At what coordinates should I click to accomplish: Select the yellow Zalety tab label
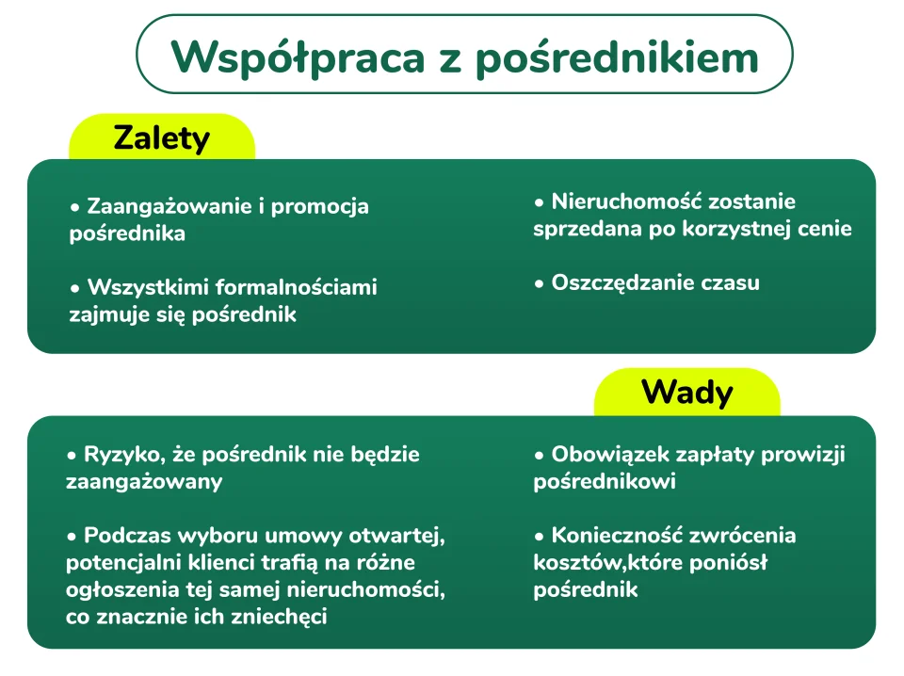click(x=161, y=138)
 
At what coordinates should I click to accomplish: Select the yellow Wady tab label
click(x=686, y=392)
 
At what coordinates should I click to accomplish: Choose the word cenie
click(x=824, y=229)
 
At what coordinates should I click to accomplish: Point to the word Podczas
click(x=122, y=536)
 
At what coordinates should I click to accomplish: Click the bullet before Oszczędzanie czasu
click(x=540, y=282)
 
